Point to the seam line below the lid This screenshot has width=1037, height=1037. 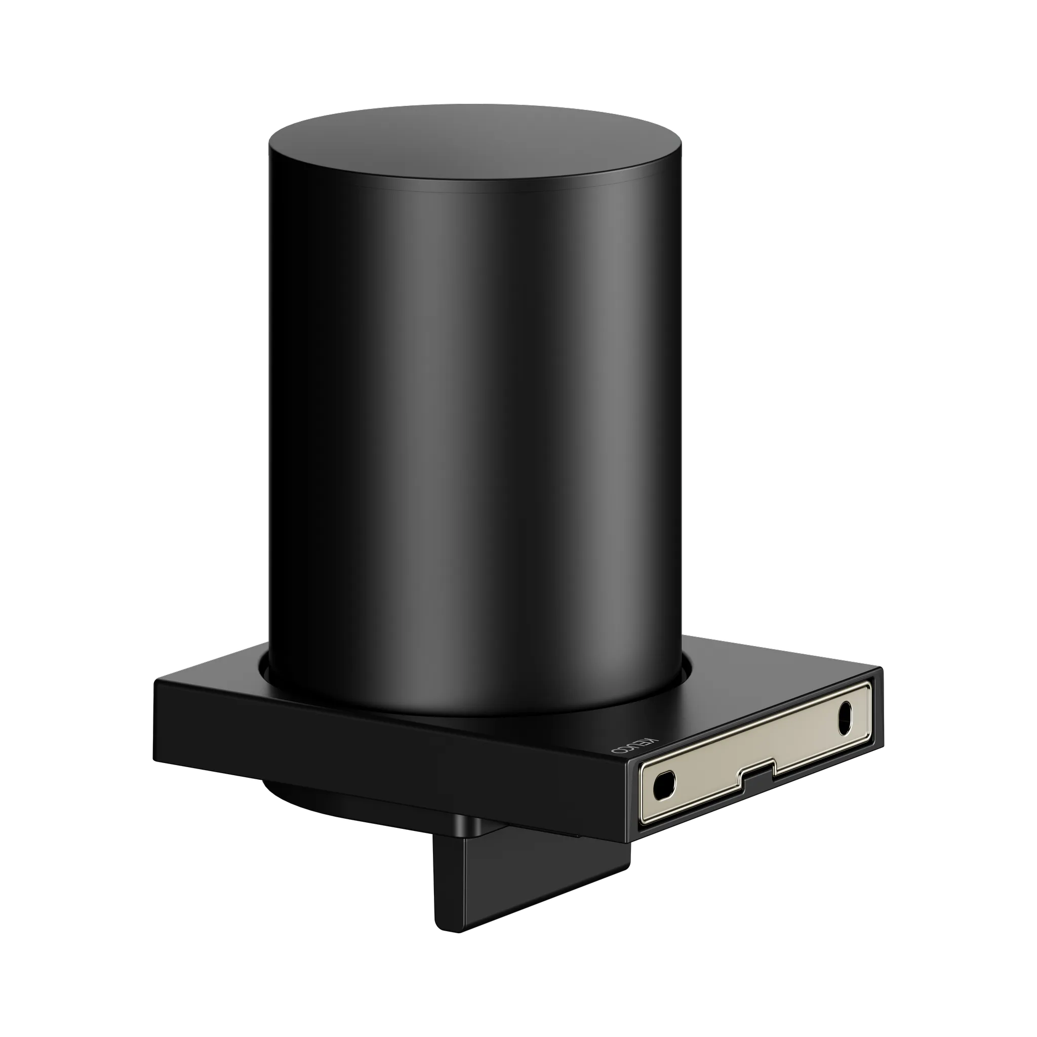475,188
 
